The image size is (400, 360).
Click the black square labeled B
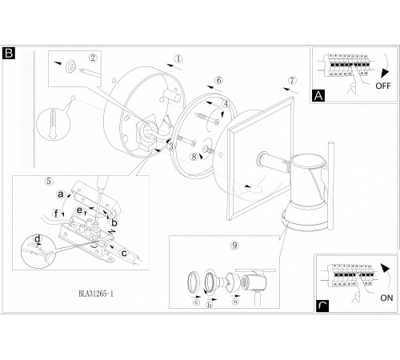pos(9,53)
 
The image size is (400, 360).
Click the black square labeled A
pos(318,95)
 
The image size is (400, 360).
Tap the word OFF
pos(383,86)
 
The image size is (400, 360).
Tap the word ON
pos(386,298)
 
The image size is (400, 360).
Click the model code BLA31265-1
pos(96,294)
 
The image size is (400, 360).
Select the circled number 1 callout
pos(178,58)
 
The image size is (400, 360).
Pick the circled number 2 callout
pos(93,58)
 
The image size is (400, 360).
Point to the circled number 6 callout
pos(219,80)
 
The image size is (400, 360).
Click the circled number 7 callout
pos(292,80)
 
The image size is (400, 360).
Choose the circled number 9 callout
pos(234,246)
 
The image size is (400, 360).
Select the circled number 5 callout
pos(49,181)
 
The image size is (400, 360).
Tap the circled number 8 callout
pos(194,157)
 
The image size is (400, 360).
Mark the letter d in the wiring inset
pos(38,238)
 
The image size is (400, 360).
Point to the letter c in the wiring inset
pos(124,253)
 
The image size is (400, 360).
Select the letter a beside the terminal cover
pos(61,194)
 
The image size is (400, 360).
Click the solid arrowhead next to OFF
pos(385,74)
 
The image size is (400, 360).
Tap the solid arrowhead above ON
pos(386,268)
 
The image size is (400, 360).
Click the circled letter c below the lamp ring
pos(197,302)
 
